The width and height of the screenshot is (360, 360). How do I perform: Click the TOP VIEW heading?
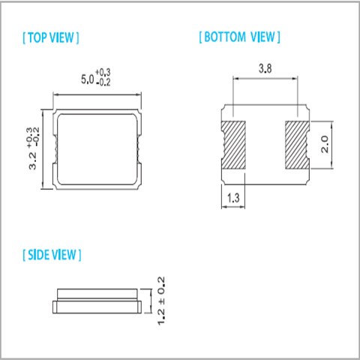click(x=51, y=37)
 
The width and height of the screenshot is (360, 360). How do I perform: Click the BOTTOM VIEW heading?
click(x=239, y=37)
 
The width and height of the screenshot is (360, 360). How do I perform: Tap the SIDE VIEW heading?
click(x=52, y=255)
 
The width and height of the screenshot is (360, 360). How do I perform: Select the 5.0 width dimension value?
click(x=88, y=79)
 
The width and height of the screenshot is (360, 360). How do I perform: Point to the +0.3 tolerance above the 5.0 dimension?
click(x=103, y=73)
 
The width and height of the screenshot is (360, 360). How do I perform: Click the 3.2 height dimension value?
click(x=33, y=160)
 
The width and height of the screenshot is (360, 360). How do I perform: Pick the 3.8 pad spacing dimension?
click(x=265, y=68)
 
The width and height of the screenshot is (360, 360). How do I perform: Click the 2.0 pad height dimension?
click(x=325, y=144)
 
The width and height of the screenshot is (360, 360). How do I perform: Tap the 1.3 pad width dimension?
click(x=233, y=198)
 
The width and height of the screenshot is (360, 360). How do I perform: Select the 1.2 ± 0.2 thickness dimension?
click(x=161, y=301)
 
